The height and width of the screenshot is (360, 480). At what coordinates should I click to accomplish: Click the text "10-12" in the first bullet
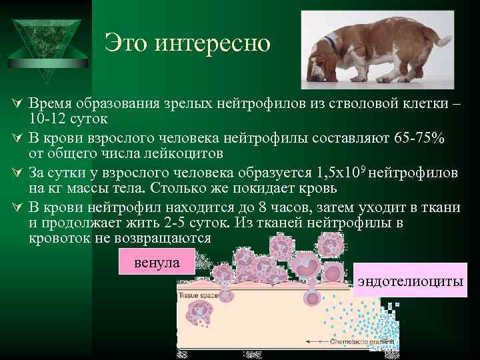(46, 119)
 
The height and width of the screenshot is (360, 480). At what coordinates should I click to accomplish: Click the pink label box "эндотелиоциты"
(410, 281)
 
